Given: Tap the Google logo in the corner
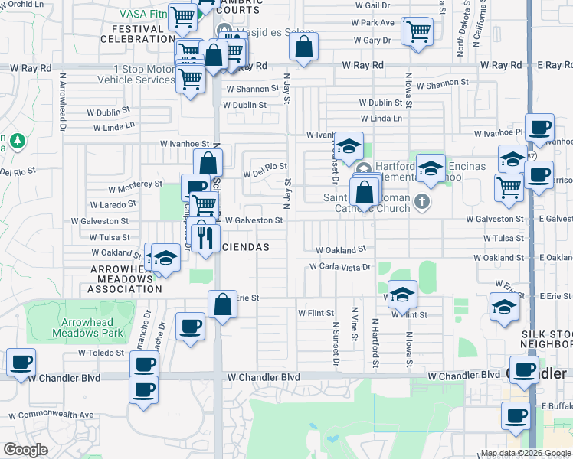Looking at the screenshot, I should click(25, 450).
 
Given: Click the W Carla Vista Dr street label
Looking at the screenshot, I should click(340, 267).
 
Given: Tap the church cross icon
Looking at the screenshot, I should click(421, 201).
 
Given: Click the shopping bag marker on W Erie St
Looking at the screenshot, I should click(221, 304).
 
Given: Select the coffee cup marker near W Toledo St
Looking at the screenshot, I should click(143, 365).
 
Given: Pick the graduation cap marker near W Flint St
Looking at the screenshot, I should click(402, 295).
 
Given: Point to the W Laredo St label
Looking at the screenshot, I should click(113, 204).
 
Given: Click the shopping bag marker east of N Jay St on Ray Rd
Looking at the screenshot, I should click(304, 47).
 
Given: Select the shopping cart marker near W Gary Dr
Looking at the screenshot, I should click(417, 31).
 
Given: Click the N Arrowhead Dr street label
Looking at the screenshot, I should click(61, 106).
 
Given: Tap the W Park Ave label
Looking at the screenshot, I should click(373, 23).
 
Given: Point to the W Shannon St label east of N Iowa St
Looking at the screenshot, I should click(442, 83).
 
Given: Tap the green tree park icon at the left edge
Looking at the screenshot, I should click(18, 142).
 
